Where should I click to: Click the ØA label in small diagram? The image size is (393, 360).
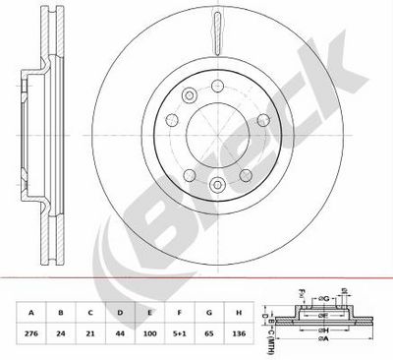pyautogui.click(x=324, y=349)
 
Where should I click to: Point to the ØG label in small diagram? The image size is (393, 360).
pyautogui.click(x=349, y=299)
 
